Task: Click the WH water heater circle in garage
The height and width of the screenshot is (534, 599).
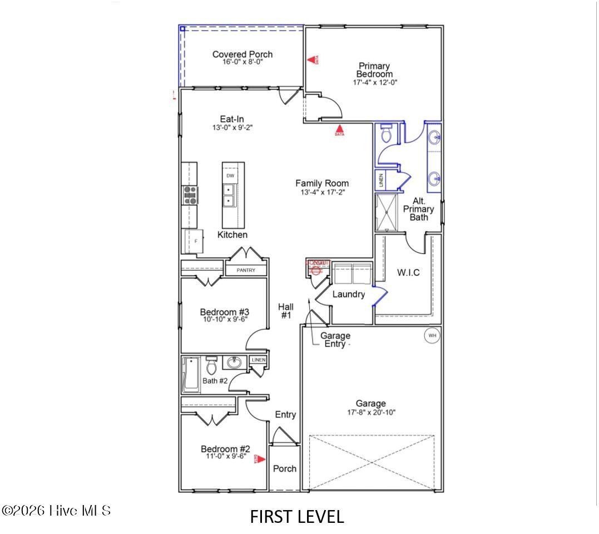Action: (x=432, y=336)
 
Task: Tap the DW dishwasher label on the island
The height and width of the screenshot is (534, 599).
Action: (x=230, y=176)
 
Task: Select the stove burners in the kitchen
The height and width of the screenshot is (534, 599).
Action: (x=190, y=195)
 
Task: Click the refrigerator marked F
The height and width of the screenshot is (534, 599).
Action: (x=191, y=242)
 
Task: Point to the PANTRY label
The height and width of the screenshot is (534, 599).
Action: (x=246, y=270)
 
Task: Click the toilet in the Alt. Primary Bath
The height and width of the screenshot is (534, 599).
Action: (x=387, y=134)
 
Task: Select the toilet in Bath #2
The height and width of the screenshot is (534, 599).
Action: (x=211, y=366)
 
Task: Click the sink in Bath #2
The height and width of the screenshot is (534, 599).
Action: (x=234, y=364)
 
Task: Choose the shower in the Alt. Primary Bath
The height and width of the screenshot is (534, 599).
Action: (x=387, y=212)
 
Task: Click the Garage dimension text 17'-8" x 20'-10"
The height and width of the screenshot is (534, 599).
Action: (x=371, y=413)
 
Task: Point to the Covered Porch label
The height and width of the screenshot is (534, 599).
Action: (x=242, y=54)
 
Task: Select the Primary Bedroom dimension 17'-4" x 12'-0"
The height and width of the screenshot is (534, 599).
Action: (x=375, y=82)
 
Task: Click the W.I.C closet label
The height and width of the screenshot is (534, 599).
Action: (x=408, y=272)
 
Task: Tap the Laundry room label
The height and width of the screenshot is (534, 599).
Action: (x=349, y=294)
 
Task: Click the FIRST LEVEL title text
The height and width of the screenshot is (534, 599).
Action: (x=297, y=517)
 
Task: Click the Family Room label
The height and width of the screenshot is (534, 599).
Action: (x=322, y=183)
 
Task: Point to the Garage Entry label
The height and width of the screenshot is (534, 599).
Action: (x=335, y=340)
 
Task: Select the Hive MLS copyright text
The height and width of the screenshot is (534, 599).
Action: (x=56, y=510)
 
